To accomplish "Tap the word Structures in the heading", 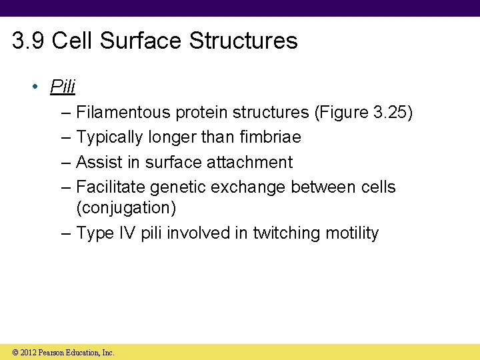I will click(x=243, y=41).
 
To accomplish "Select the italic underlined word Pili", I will click(x=63, y=87).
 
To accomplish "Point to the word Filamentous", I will click(x=123, y=113).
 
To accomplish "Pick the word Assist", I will click(x=98, y=162).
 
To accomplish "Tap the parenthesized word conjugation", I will click(x=126, y=207).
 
